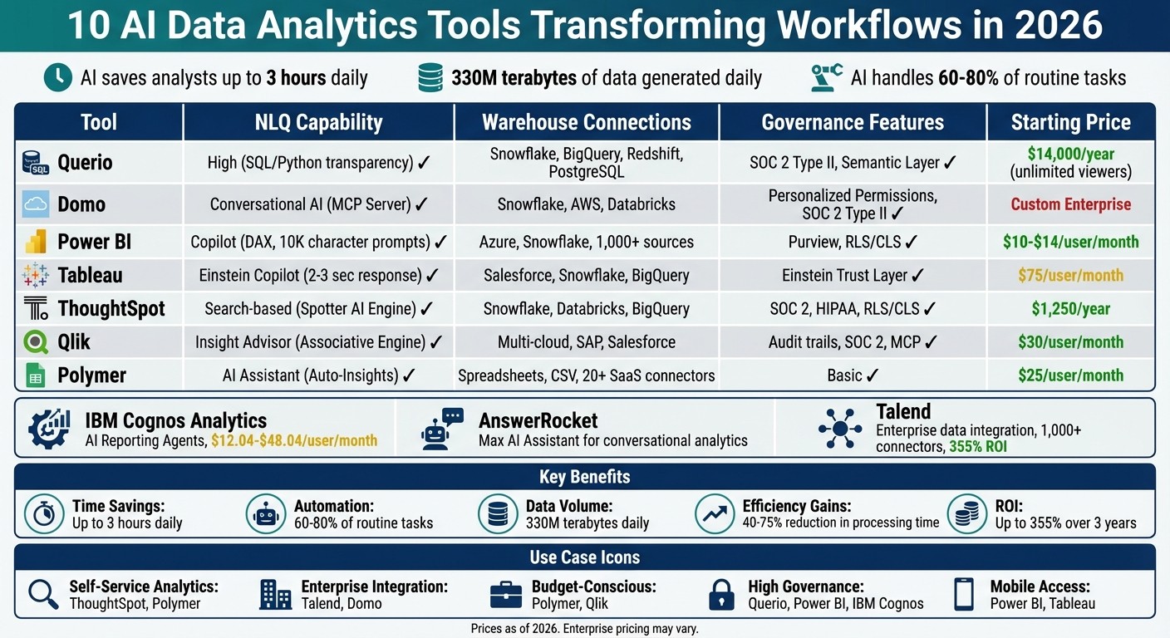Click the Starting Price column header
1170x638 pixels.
click(x=1070, y=123)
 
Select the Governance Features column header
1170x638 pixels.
click(x=853, y=123)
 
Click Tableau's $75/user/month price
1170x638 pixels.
click(x=1070, y=275)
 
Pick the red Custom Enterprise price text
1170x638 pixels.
click(x=1070, y=204)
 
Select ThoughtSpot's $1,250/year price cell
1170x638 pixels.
click(x=1070, y=308)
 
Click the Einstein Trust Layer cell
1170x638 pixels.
click(x=853, y=275)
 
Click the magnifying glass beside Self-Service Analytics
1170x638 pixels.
click(x=42, y=595)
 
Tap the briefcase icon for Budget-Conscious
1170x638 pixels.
click(x=505, y=595)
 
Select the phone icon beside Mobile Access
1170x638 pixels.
click(x=964, y=595)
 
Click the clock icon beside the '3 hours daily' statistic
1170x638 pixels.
click(x=57, y=77)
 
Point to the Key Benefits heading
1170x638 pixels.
click(x=584, y=477)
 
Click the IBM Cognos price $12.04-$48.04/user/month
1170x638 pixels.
click(x=294, y=440)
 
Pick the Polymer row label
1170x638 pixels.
click(x=91, y=375)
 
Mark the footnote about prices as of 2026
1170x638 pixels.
click(x=584, y=629)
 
